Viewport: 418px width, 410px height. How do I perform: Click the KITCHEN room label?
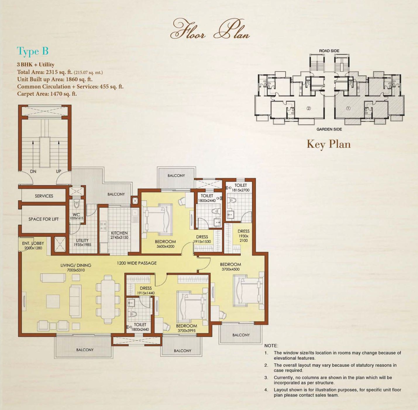pos(119,233)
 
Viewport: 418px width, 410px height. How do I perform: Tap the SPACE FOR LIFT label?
pos(44,219)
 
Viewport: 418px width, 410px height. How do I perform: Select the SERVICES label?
pos(44,196)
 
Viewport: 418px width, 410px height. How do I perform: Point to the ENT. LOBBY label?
pos(33,243)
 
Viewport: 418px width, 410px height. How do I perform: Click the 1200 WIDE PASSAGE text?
pos(137,263)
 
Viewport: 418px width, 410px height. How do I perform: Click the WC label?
pos(76,215)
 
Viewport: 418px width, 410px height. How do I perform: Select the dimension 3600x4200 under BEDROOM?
pos(166,246)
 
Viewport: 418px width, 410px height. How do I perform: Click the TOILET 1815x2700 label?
pos(240,188)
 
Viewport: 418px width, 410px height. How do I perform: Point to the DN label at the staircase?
pos(33,172)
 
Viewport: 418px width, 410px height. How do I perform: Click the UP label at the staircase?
pos(59,171)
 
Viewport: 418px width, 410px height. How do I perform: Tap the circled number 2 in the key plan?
pos(309,108)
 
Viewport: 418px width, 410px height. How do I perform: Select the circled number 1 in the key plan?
pos(348,108)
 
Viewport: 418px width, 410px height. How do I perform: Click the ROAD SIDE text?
pos(329,51)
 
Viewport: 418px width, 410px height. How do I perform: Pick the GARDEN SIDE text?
pos(329,129)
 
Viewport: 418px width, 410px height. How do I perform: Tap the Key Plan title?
pos(328,144)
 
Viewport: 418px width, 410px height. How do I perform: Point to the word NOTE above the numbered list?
pos(271,346)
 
